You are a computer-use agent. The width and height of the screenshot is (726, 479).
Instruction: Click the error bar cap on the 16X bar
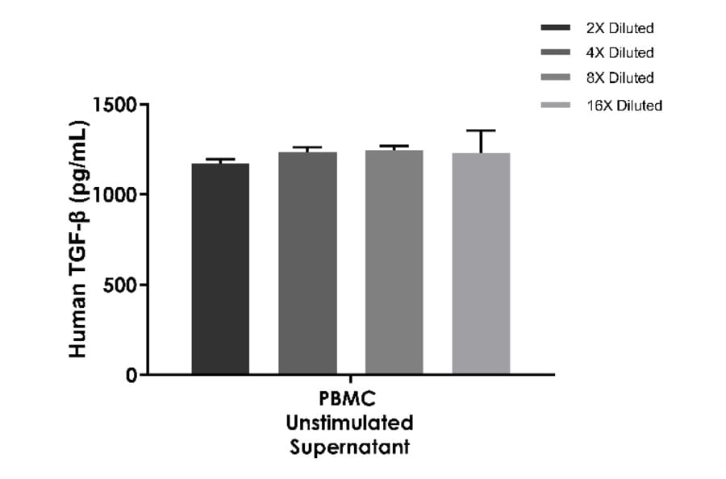[481, 131]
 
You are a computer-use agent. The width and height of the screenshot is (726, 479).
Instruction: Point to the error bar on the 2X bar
[220, 160]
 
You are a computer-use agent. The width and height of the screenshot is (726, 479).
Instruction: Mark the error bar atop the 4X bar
[307, 148]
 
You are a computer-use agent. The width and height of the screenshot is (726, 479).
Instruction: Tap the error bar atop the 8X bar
[394, 147]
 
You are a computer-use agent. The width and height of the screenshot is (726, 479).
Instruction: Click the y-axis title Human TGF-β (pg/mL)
[78, 239]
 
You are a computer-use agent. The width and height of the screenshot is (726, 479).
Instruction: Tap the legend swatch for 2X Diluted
[556, 28]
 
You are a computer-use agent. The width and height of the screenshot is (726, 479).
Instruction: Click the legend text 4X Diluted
[620, 53]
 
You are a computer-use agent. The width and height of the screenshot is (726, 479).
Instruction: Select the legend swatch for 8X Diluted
[556, 79]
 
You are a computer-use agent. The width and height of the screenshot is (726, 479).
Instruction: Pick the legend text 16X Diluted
[624, 106]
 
